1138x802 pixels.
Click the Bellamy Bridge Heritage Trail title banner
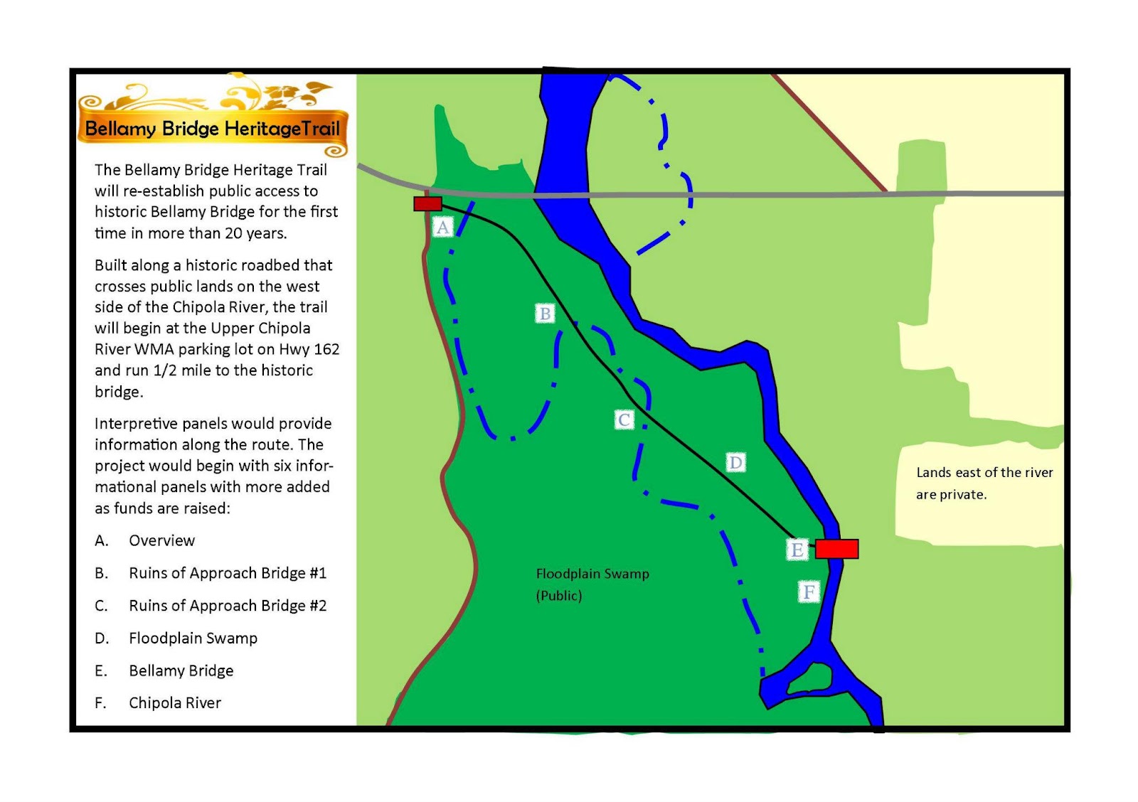212,129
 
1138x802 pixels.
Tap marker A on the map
443,227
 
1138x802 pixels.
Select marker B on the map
545,314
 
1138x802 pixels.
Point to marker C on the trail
624,419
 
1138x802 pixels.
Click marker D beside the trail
735,463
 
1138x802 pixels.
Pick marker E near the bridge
797,550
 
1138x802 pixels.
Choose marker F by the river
809,592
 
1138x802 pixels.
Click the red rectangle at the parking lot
427,204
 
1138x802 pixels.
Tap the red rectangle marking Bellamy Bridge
836,549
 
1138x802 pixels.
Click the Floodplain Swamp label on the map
592,574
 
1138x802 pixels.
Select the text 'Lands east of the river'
984,473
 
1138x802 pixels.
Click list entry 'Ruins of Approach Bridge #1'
228,573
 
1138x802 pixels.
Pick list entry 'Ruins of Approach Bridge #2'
228,606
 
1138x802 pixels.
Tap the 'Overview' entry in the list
161,540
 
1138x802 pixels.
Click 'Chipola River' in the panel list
175,703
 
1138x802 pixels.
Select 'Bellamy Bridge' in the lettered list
181,670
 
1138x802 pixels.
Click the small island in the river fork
810,678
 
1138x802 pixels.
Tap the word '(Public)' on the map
559,596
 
